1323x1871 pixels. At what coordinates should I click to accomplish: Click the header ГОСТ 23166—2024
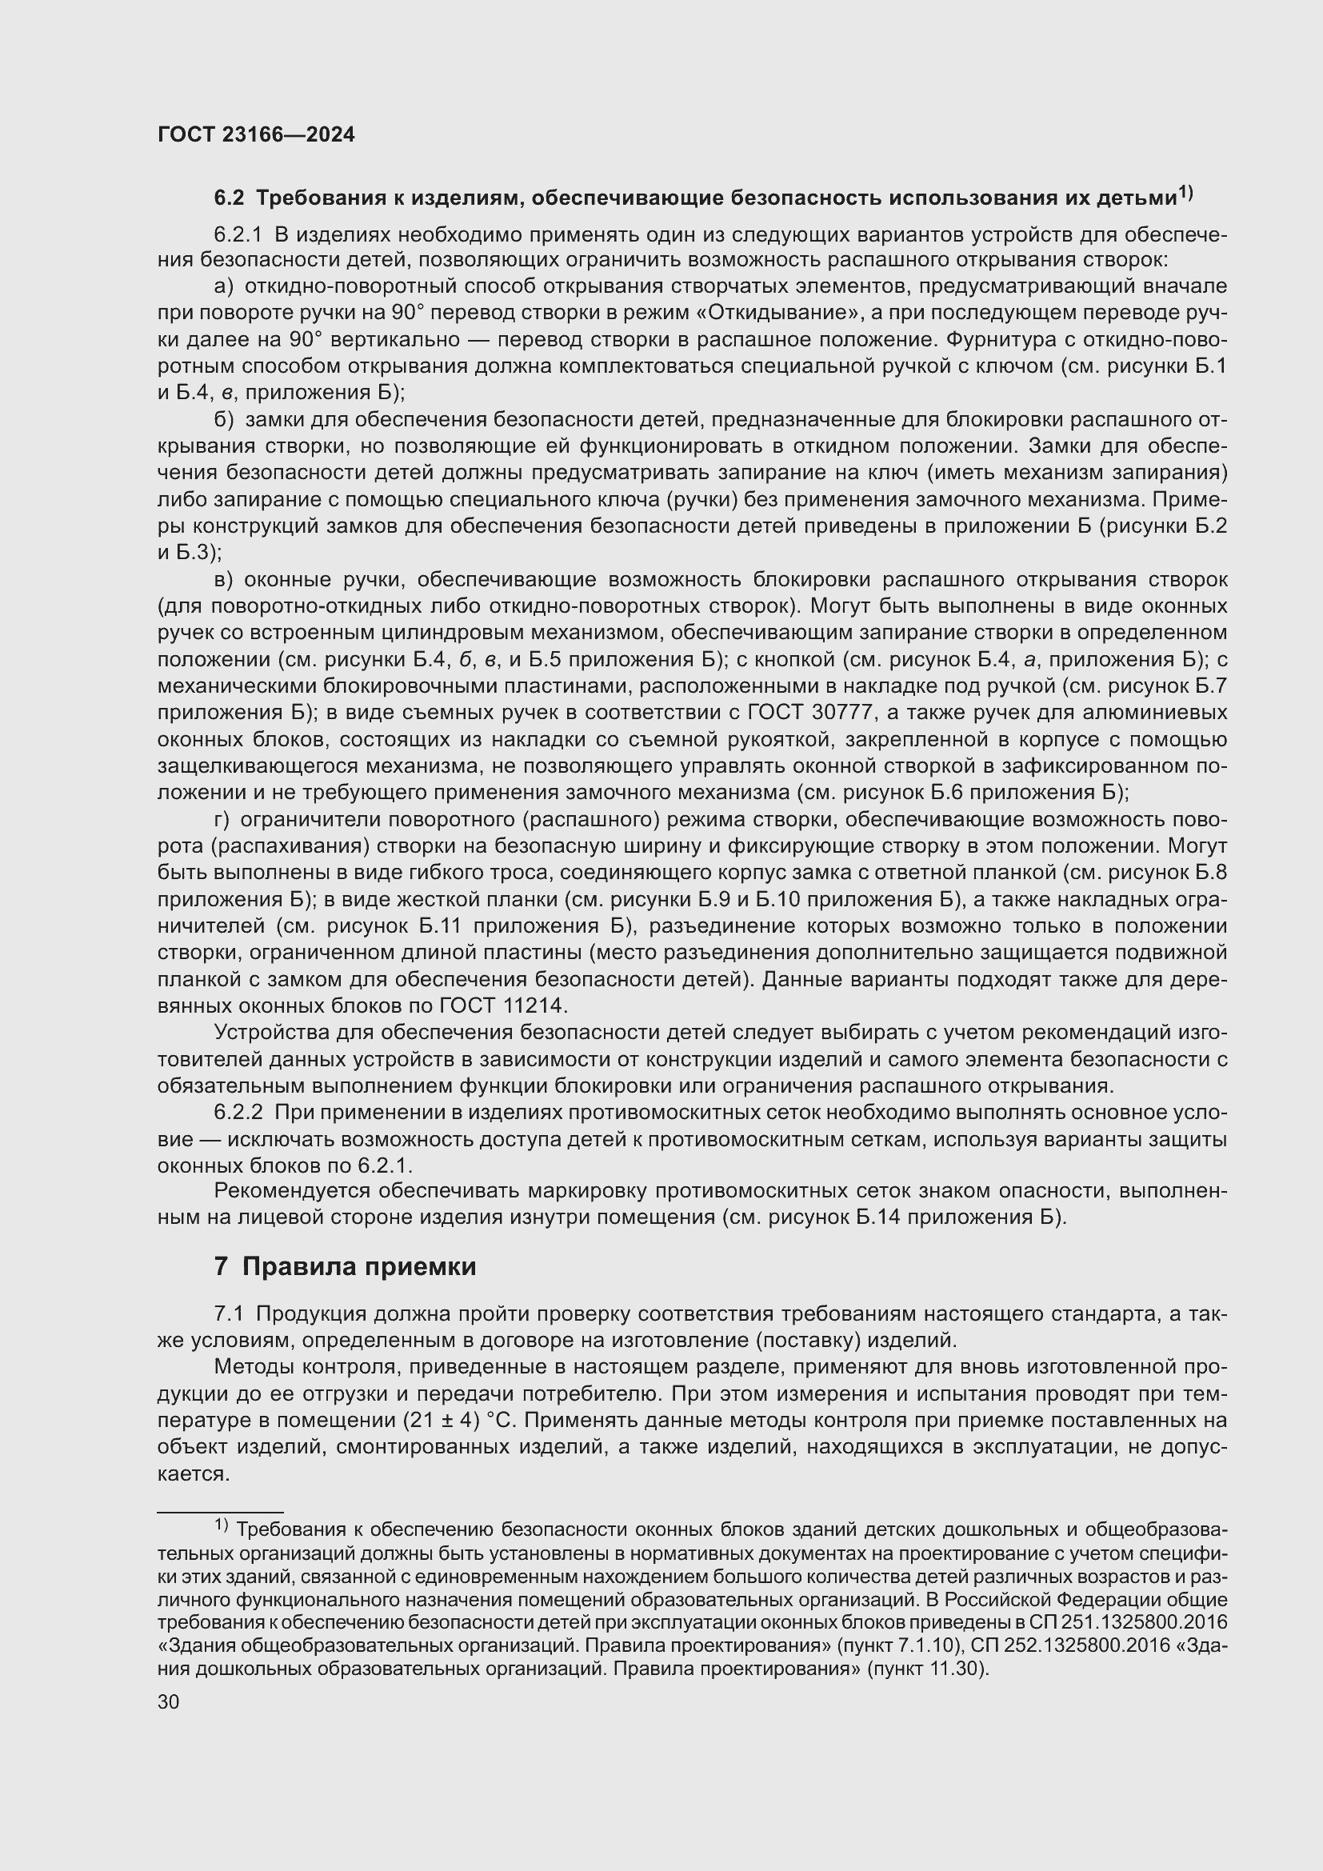[x=256, y=135]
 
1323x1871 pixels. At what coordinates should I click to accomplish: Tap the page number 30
[x=169, y=1701]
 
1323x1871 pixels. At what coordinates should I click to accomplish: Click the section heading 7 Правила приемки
[x=345, y=1266]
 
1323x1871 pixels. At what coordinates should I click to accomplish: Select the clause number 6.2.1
[x=238, y=234]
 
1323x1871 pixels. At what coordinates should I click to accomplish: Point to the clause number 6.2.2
[x=238, y=1113]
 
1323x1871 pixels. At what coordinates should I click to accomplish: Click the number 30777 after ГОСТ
[x=843, y=713]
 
